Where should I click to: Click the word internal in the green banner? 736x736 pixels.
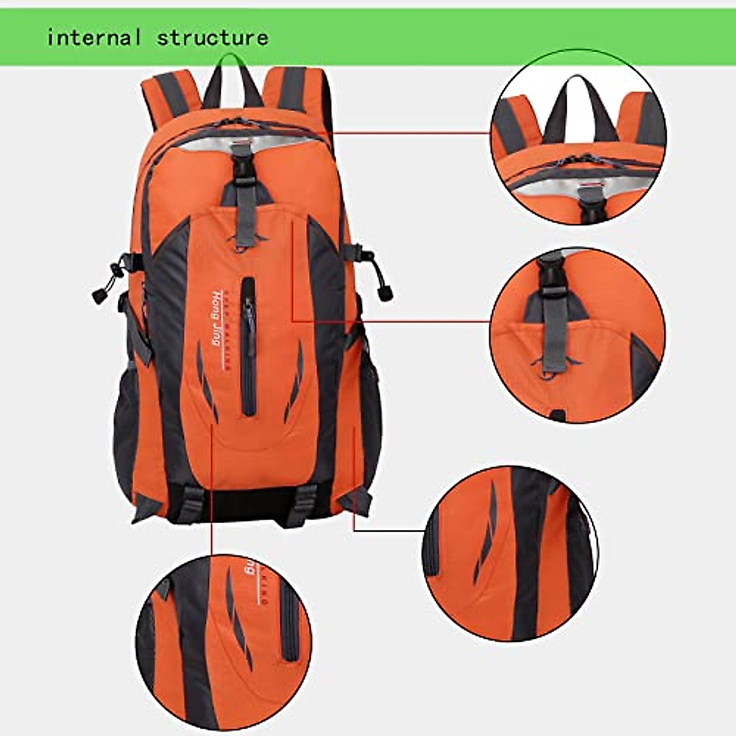pyautogui.click(x=94, y=37)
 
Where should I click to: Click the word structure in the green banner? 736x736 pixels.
pyautogui.click(x=212, y=37)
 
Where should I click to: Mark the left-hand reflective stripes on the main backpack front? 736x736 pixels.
pyautogui.click(x=205, y=380)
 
